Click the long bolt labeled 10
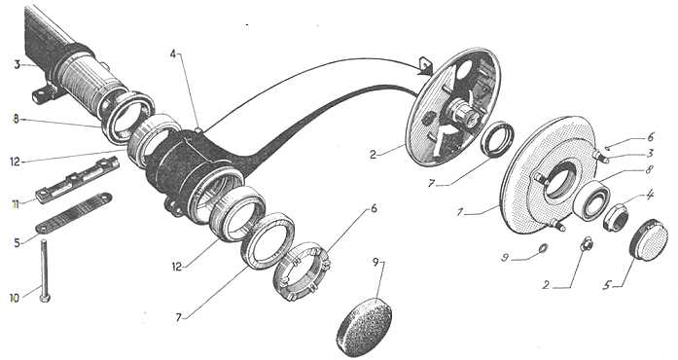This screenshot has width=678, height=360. click(x=44, y=270)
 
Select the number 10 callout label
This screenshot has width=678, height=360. click(x=15, y=298)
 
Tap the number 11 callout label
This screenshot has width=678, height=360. click(x=16, y=204)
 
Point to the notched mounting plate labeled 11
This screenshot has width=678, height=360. click(x=78, y=180)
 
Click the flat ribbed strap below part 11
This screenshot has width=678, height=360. click(x=74, y=213)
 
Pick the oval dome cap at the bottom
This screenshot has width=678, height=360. click(x=365, y=326)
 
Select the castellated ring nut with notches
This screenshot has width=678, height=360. click(x=302, y=270)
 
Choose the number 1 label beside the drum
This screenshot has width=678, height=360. click(x=460, y=212)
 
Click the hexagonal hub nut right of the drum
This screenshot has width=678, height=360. click(x=616, y=217)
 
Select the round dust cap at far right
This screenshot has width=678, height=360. click(x=649, y=239)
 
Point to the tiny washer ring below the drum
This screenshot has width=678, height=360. click(x=543, y=248)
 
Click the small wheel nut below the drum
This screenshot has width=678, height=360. click(x=587, y=244)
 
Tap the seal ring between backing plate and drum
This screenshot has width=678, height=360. click(x=497, y=139)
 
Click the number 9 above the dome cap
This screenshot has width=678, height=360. click(x=375, y=262)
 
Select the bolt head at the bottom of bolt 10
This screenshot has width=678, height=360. click(x=45, y=298)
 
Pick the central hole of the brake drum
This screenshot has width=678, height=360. click(x=559, y=180)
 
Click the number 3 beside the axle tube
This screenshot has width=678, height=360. click(x=18, y=65)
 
